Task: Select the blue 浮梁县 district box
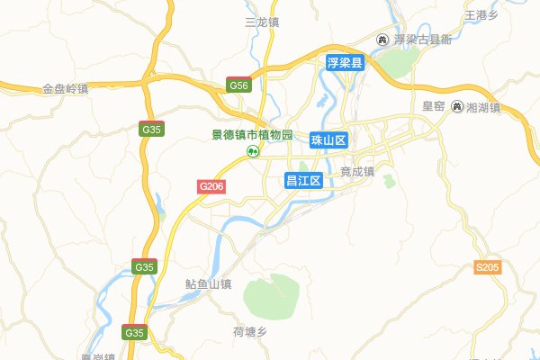click(x=344, y=64)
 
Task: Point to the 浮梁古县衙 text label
click(x=422, y=40)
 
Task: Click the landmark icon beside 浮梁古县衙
click(x=382, y=40)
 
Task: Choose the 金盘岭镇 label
click(x=65, y=89)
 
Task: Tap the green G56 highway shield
click(x=238, y=85)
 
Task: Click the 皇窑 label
click(x=434, y=106)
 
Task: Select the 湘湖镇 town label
click(x=483, y=107)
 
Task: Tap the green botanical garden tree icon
click(x=254, y=151)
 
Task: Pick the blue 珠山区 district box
click(x=328, y=140)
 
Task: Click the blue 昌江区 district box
click(x=303, y=179)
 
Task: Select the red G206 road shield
click(x=211, y=185)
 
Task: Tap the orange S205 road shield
click(x=487, y=267)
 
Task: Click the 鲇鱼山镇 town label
click(x=208, y=284)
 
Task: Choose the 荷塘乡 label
click(x=250, y=332)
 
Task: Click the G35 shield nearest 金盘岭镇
click(x=152, y=129)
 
